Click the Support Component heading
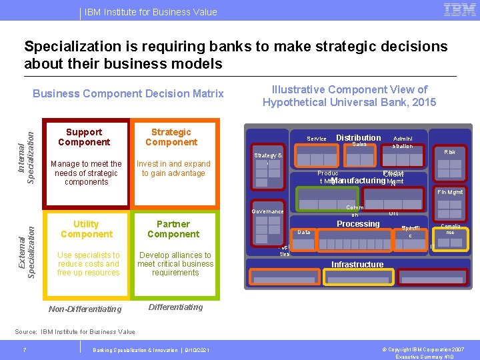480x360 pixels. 84,137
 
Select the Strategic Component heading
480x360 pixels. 171,137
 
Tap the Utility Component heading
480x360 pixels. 86,229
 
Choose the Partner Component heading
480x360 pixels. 173,229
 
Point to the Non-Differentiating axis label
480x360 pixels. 85,309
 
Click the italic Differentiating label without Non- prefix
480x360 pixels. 175,307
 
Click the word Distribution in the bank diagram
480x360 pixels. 358,138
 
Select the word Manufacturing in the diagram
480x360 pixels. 358,181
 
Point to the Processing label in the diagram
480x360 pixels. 358,224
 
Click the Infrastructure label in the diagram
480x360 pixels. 357,265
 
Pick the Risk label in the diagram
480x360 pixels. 449,153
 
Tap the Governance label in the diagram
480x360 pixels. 267,212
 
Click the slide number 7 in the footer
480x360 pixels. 24,350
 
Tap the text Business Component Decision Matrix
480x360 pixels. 128,94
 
